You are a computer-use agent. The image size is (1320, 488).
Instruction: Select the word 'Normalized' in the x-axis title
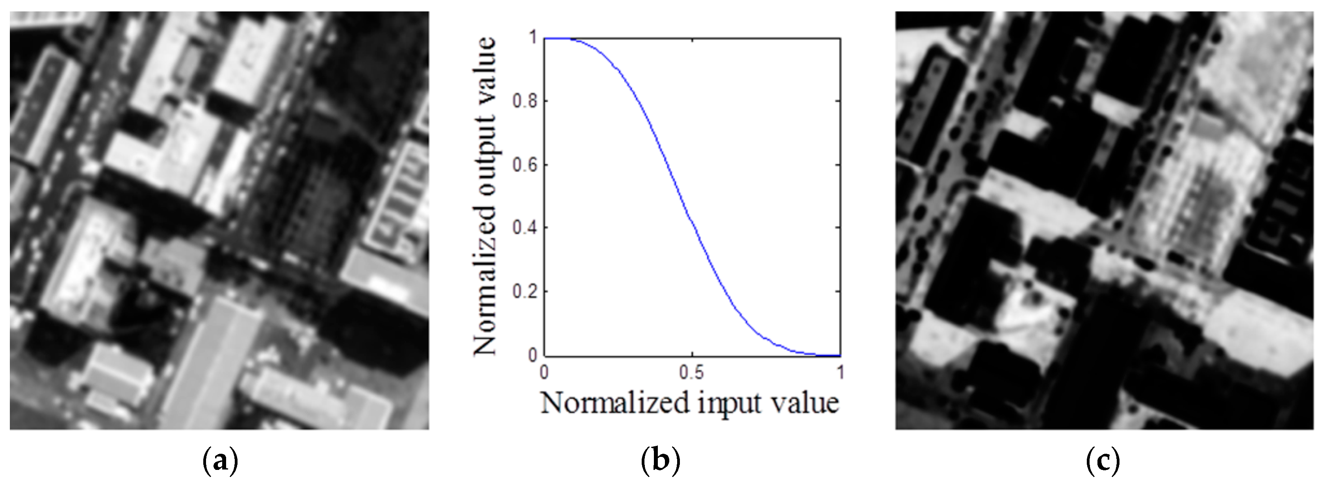615,403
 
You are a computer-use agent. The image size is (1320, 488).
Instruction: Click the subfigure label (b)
661,461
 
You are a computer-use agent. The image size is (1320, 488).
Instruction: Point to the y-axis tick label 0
533,355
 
